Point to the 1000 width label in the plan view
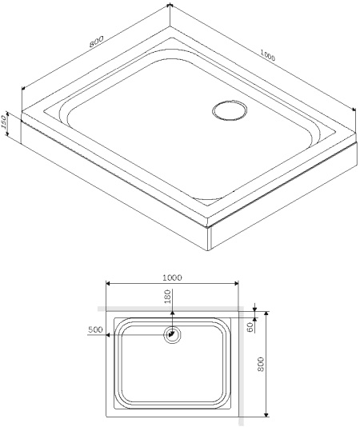(172, 277)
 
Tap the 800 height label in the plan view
(273, 364)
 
